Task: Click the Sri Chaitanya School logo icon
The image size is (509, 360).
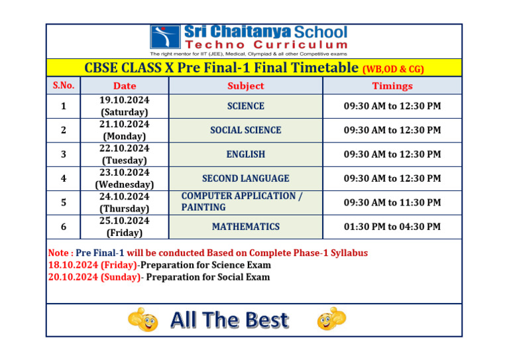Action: point(165,37)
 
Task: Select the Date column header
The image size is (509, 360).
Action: point(125,86)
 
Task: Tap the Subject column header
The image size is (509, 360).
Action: point(245,86)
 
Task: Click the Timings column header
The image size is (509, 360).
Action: point(392,86)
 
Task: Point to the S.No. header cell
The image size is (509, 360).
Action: point(63,86)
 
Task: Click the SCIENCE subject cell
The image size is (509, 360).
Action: point(245,106)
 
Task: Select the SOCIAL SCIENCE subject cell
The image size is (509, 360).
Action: point(245,130)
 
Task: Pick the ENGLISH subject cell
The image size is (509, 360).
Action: point(245,154)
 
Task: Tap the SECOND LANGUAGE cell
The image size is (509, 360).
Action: point(245,178)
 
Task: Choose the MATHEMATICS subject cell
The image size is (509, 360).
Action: point(245,227)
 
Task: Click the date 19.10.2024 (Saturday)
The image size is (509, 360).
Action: point(125,106)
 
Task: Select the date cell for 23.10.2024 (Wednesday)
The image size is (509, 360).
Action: point(125,178)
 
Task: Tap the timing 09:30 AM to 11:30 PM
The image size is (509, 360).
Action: point(392,202)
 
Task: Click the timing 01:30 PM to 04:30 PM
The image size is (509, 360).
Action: point(392,227)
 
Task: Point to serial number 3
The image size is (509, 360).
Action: point(63,154)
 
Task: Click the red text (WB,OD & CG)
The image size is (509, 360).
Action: point(393,69)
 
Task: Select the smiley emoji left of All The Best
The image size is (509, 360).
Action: point(144,320)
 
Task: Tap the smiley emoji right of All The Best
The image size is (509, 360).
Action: point(331,319)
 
